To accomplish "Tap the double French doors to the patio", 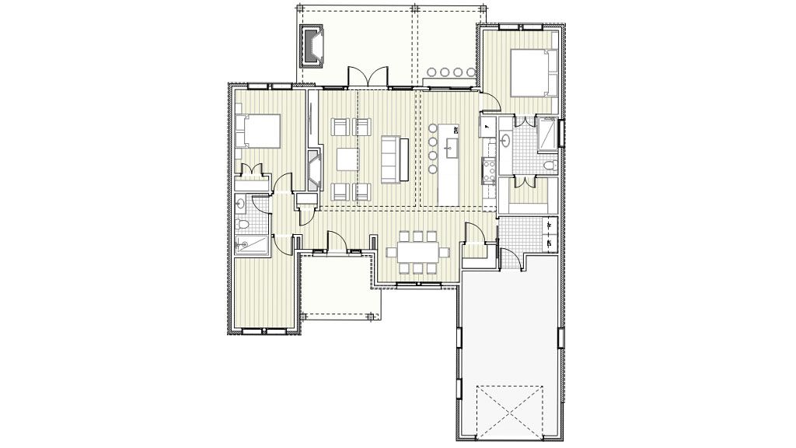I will pos(367,77).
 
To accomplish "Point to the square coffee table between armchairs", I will pos(347,159).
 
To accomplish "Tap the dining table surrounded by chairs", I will pos(419,252).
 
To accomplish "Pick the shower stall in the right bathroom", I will pos(549,134).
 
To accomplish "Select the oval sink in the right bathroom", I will pos(507,141).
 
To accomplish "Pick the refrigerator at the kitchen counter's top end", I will pos(488,124).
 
